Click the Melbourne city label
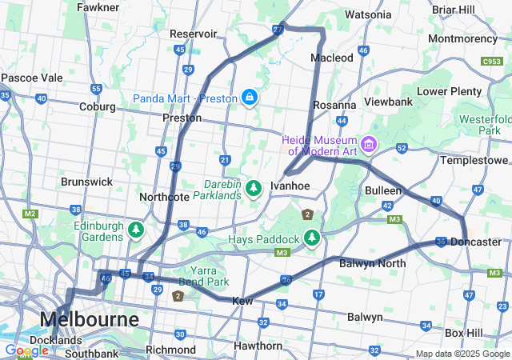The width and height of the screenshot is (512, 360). (88, 318)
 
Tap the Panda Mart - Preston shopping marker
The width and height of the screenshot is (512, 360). (250, 98)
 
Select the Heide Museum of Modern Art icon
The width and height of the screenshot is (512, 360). (369, 144)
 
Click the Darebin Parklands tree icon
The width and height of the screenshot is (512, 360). (254, 188)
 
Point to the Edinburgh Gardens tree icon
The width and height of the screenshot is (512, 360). (136, 231)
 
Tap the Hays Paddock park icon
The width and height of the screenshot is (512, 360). (310, 238)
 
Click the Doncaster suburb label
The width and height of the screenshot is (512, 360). (475, 242)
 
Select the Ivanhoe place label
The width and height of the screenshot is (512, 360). (290, 186)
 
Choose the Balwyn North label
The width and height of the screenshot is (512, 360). (372, 262)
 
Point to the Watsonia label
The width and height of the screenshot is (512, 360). (368, 14)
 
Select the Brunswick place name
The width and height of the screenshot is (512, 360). (86, 182)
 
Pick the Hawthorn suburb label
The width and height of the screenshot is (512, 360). (257, 346)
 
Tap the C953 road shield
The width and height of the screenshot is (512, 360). (491, 61)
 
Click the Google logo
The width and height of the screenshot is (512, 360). (26, 350)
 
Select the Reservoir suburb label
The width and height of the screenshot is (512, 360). (193, 34)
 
